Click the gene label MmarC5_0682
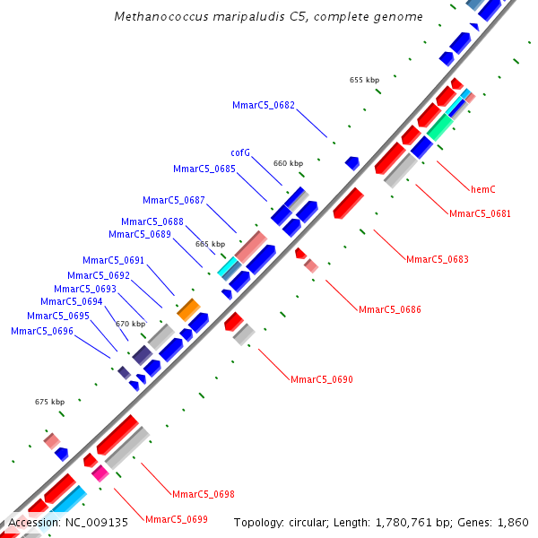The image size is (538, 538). pyautogui.click(x=264, y=105)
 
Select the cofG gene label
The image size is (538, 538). pyautogui.click(x=240, y=152)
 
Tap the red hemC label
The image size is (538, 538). pyautogui.click(x=483, y=189)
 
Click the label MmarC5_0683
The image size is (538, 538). pyautogui.click(x=437, y=259)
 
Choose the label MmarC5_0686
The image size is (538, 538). pyautogui.click(x=389, y=309)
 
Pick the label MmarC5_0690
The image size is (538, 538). pyautogui.click(x=322, y=379)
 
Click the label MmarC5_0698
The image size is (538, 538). pyautogui.click(x=204, y=494)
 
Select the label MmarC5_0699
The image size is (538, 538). pyautogui.click(x=177, y=519)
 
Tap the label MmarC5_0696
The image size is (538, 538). pyautogui.click(x=42, y=331)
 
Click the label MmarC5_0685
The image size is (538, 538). pyautogui.click(x=204, y=169)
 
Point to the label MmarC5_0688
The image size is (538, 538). pyautogui.click(x=152, y=221)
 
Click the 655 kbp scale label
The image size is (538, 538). pyautogui.click(x=364, y=80)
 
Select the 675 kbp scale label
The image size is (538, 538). pyautogui.click(x=49, y=402)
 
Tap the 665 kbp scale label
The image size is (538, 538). pyautogui.click(x=210, y=244)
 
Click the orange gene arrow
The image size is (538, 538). pyautogui.click(x=188, y=310)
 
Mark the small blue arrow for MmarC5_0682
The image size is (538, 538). pyautogui.click(x=352, y=163)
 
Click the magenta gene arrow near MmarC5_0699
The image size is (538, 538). pyautogui.click(x=100, y=473)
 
